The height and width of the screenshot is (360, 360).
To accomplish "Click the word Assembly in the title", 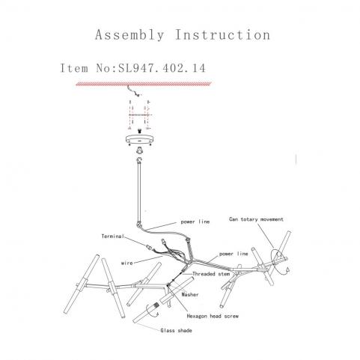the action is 129,34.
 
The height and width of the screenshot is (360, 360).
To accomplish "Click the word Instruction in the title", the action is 222,34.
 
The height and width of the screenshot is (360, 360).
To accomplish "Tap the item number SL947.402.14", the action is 162,68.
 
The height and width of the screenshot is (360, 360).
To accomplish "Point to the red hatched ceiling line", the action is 144,84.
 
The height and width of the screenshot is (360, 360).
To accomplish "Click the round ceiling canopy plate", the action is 139,140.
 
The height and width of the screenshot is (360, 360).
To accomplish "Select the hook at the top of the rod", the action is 138,159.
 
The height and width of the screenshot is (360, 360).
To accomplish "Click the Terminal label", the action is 113,236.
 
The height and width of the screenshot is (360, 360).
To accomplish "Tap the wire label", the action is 127,263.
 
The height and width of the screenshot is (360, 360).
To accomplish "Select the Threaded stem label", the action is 211,274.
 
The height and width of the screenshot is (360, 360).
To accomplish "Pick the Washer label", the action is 190,294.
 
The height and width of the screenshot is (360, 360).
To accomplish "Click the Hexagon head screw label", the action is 213,316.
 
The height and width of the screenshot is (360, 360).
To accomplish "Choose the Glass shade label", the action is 176,330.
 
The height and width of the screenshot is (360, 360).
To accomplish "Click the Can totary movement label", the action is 256,219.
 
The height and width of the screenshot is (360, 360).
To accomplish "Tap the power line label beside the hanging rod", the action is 195,222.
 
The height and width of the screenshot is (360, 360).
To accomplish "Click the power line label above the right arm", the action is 234,254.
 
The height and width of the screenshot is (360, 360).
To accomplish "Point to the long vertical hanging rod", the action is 139,192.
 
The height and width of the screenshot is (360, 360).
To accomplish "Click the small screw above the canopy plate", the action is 139,131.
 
